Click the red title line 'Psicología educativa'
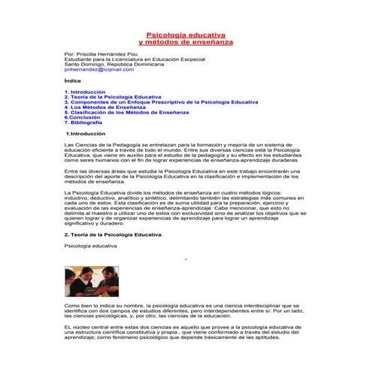(x=186, y=35)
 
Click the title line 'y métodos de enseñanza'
(x=186, y=42)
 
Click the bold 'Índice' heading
(x=74, y=79)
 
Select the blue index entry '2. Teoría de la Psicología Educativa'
(x=113, y=96)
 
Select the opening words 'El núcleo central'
(x=85, y=328)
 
